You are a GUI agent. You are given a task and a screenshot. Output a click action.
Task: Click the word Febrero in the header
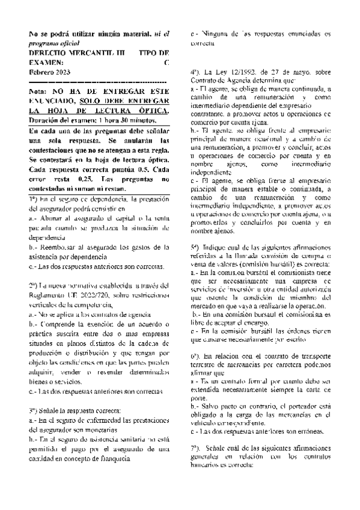[x=41, y=72]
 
